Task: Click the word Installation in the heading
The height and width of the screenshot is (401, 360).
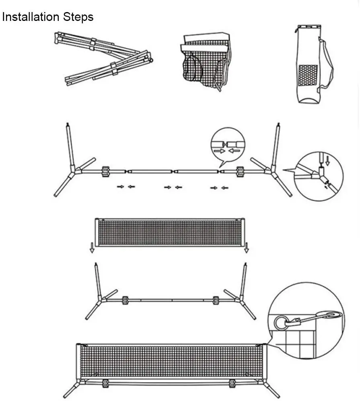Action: click(31, 17)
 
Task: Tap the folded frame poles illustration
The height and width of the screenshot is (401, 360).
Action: click(104, 59)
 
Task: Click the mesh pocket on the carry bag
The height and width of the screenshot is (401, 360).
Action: click(308, 75)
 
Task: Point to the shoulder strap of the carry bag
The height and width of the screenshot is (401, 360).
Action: click(328, 60)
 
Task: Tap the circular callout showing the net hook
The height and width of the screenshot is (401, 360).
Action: click(306, 318)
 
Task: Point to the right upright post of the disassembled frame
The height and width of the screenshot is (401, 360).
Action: click(276, 145)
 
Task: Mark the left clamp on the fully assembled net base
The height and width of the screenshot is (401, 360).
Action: click(105, 383)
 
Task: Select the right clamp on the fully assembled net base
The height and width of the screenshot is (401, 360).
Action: click(232, 383)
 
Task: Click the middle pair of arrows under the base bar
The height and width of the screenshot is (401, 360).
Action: click(173, 187)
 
